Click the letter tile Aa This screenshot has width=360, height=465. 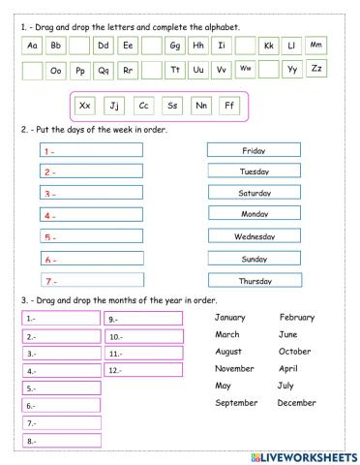32,46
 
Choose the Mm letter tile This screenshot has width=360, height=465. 315,46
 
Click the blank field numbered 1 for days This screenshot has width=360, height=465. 92,150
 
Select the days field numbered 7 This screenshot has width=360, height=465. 92,280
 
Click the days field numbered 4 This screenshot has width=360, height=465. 92,215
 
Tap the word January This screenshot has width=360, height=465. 230,317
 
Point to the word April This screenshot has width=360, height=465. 287,368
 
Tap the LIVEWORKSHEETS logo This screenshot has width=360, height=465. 303,455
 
